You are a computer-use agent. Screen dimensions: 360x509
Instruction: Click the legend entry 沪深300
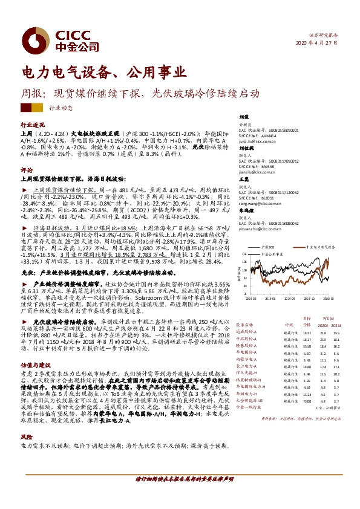[268, 247]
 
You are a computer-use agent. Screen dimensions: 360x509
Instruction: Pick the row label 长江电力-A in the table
[247, 383]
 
